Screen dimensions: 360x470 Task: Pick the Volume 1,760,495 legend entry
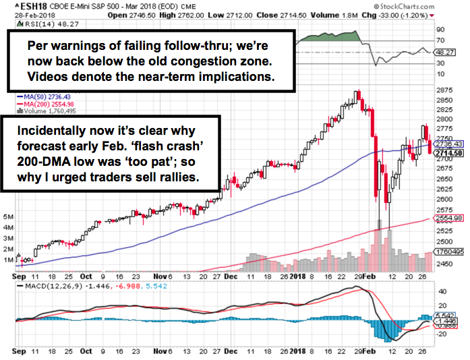[x=45, y=113]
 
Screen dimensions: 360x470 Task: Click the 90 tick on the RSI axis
[x=440, y=30]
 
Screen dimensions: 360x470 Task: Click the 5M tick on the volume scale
[x=8, y=218]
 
